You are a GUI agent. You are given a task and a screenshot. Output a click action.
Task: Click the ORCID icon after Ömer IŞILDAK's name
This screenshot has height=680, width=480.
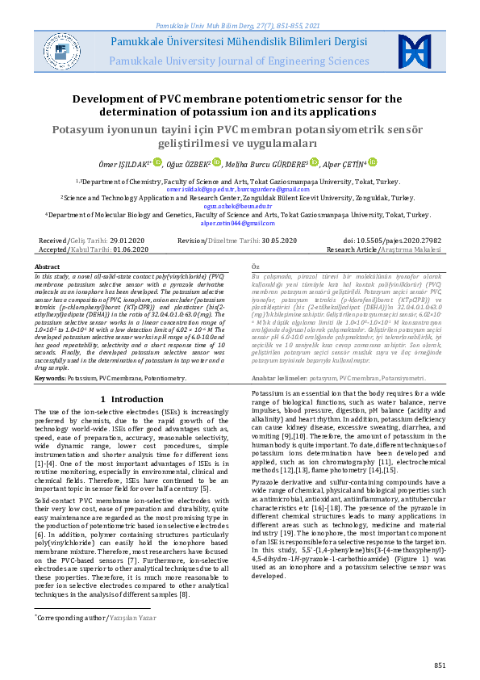tap(158, 162)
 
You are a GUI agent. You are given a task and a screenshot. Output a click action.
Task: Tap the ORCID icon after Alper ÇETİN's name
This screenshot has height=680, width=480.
tap(374, 162)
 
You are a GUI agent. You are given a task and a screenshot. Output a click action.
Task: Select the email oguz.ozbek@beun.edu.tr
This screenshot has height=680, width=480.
tap(240, 206)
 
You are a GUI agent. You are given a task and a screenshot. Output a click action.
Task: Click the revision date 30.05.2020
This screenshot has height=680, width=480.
tap(271, 241)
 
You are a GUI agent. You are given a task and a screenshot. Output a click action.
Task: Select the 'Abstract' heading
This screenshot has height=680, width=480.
tap(47, 267)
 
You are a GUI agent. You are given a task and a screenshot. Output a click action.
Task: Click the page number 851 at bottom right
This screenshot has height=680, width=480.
tap(440, 665)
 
